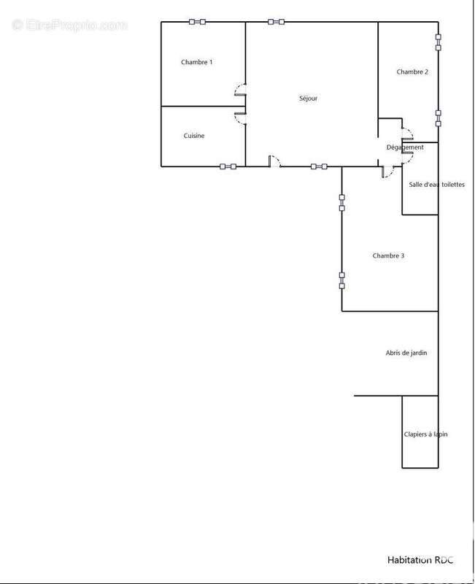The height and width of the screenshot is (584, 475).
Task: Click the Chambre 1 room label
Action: tap(196, 62)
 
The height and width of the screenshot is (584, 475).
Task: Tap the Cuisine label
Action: tap(194, 136)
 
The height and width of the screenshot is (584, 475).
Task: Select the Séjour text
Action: tap(308, 99)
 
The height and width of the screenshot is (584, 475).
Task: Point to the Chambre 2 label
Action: tap(412, 72)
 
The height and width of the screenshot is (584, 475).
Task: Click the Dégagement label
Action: tap(405, 147)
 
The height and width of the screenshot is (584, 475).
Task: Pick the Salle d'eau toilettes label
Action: tap(436, 185)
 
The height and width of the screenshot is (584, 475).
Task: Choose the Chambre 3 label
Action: tap(388, 256)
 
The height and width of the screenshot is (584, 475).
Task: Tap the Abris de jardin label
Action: tap(406, 353)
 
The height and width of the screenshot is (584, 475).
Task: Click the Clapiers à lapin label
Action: tap(425, 434)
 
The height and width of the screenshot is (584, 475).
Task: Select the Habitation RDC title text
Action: tap(420, 560)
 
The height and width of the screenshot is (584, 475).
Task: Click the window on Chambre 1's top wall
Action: tap(197, 22)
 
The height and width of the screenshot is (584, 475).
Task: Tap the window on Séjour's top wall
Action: tap(277, 22)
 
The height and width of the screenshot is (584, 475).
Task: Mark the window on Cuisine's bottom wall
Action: tap(228, 166)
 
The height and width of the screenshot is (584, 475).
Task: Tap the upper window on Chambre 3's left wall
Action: tap(341, 203)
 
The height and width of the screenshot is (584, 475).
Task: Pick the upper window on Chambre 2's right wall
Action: tap(438, 42)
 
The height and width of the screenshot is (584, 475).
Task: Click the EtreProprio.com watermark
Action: tap(69, 26)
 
